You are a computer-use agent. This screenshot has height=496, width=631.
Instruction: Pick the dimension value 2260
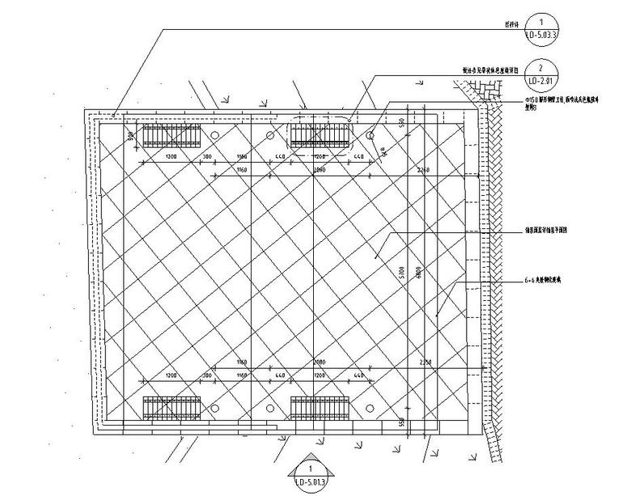[x=424, y=171]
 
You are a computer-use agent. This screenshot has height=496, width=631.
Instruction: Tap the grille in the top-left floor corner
[x=172, y=135]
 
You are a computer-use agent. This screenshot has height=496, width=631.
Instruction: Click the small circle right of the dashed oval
[x=370, y=136]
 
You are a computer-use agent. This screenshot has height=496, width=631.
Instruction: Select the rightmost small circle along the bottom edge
[x=370, y=407]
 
